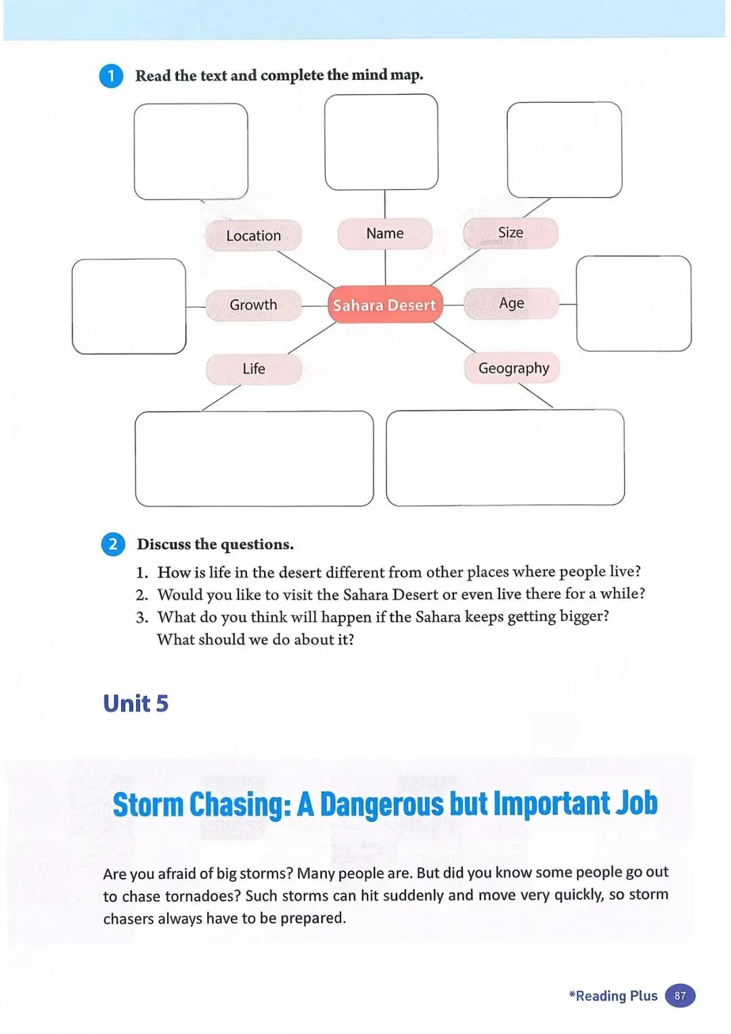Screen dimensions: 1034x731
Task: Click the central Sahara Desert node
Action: click(x=384, y=305)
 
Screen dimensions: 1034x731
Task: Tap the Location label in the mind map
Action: click(x=253, y=236)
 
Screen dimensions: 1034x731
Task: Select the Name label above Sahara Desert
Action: click(x=384, y=234)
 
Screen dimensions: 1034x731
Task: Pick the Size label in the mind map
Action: click(x=510, y=233)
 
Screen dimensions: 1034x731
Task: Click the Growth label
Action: click(x=253, y=305)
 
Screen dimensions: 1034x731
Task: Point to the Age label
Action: click(x=511, y=303)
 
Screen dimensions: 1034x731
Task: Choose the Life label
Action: click(x=254, y=369)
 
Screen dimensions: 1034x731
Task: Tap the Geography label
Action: click(x=513, y=368)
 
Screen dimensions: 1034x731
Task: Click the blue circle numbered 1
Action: click(x=112, y=76)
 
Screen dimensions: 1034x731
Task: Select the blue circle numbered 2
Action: click(x=113, y=544)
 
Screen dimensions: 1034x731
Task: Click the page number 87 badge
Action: click(x=680, y=996)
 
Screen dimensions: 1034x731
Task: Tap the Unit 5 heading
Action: click(x=135, y=704)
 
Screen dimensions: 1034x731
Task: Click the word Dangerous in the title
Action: click(x=381, y=804)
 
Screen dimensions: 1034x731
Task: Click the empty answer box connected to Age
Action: click(x=634, y=303)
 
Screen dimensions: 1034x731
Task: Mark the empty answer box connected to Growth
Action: click(x=129, y=306)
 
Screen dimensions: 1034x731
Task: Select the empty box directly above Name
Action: click(x=381, y=142)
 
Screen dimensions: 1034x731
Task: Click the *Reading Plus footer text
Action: click(x=613, y=996)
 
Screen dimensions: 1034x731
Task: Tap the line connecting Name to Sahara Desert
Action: click(x=385, y=267)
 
